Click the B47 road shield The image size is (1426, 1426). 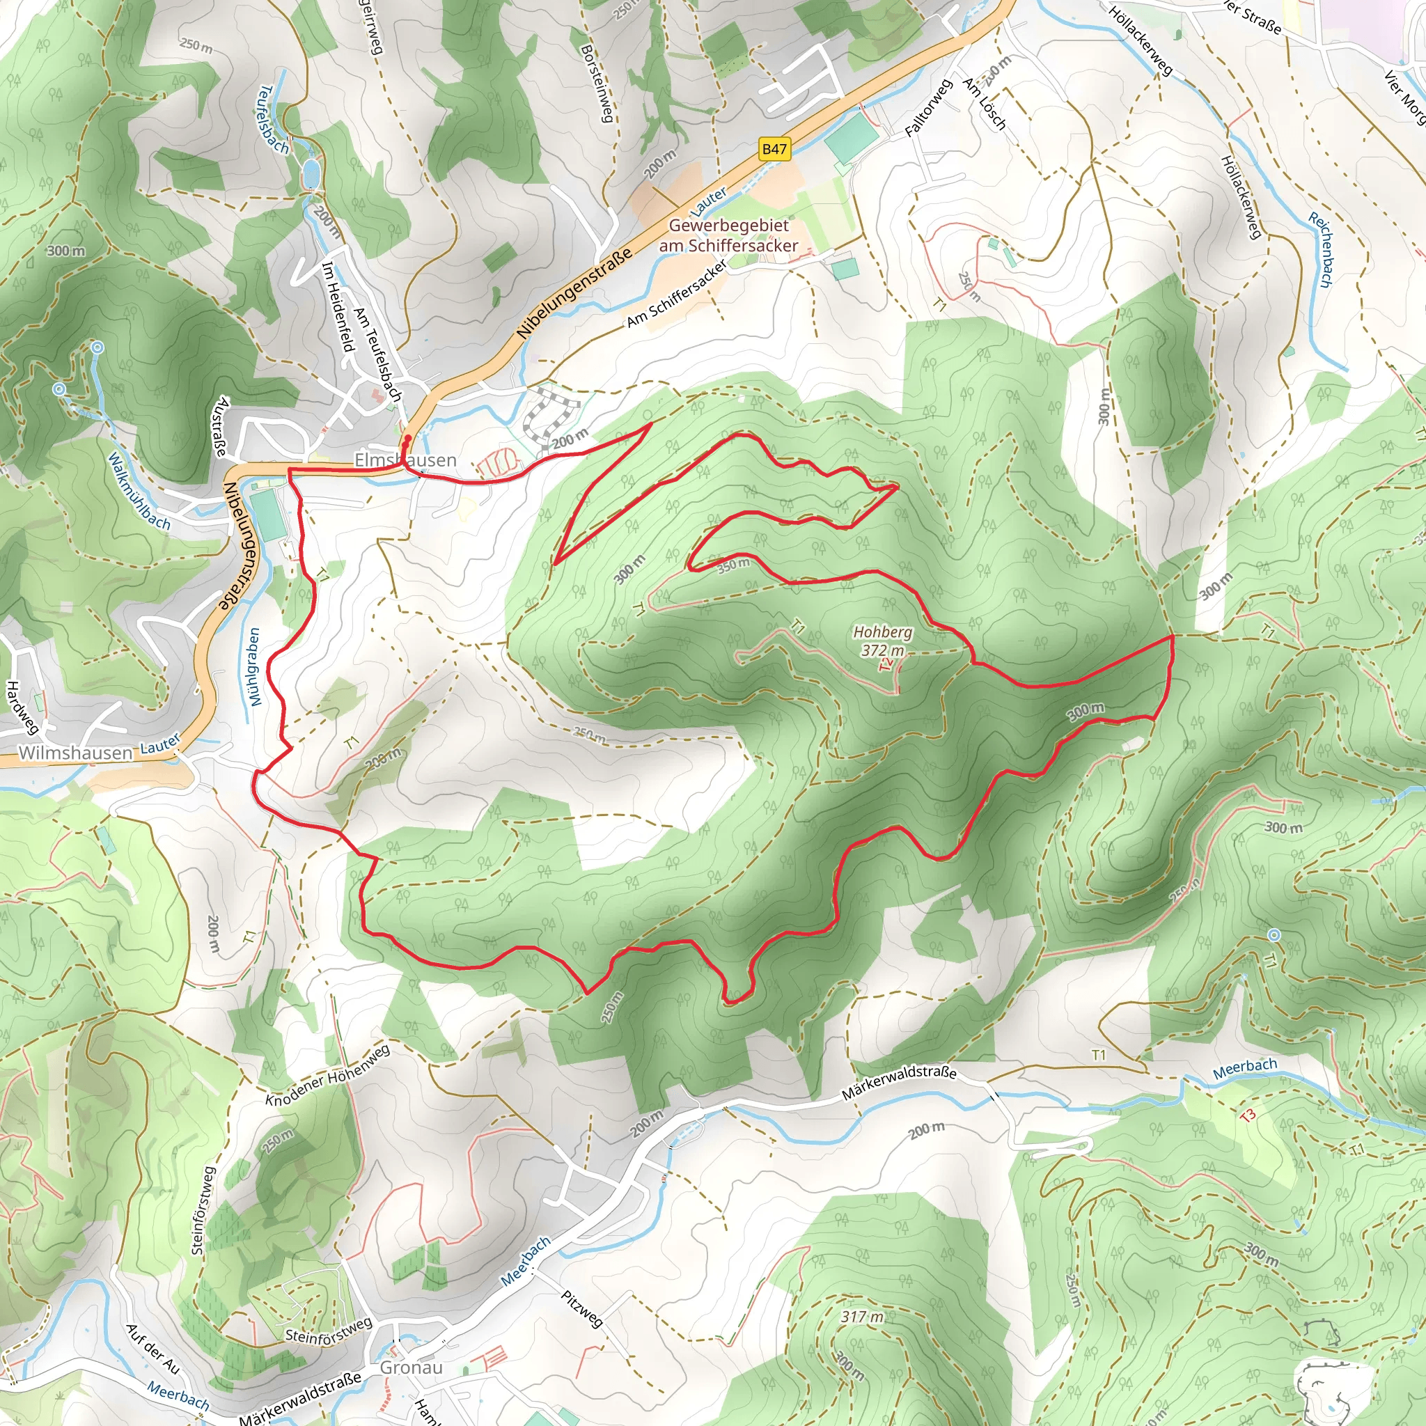[x=774, y=149]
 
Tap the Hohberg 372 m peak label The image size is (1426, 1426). [x=882, y=641]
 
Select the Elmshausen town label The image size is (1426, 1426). [x=405, y=460]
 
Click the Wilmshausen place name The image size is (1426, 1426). [x=75, y=753]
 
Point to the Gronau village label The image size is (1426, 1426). [x=411, y=1368]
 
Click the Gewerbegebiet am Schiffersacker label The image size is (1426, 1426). [x=728, y=235]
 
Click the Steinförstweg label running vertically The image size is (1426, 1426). [x=203, y=1209]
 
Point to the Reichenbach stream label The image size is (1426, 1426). [x=1320, y=249]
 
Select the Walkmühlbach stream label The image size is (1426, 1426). [x=139, y=492]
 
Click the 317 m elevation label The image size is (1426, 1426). [x=861, y=1316]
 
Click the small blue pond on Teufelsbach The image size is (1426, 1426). [x=311, y=175]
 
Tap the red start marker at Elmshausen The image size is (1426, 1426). [x=407, y=438]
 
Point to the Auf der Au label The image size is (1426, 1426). [x=152, y=1349]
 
